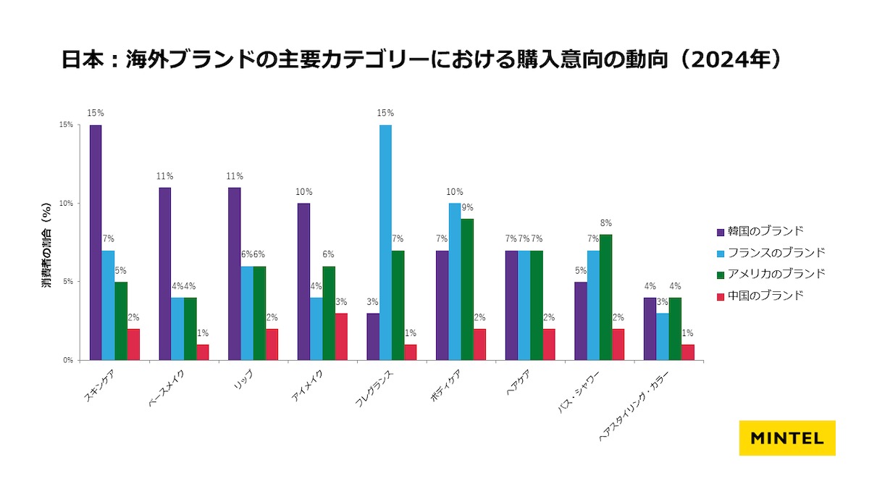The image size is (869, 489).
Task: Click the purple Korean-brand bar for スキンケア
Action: coord(96,243)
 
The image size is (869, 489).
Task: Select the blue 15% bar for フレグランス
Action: coord(385,243)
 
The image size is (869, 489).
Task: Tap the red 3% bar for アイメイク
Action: coord(341,337)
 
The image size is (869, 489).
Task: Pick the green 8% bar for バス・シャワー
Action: coord(605,297)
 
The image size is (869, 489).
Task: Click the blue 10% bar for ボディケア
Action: coord(454,282)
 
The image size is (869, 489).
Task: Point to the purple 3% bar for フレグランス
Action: coord(372,337)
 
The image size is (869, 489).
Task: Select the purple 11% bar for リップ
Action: coord(234,274)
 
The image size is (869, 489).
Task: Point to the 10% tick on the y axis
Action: coord(67,204)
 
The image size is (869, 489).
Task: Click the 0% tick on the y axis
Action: coord(68,360)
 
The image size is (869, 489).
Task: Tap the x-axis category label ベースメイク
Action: coord(164,392)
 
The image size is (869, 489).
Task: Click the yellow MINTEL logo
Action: coord(787,438)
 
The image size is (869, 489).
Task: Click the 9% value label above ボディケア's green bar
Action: coord(468,208)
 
